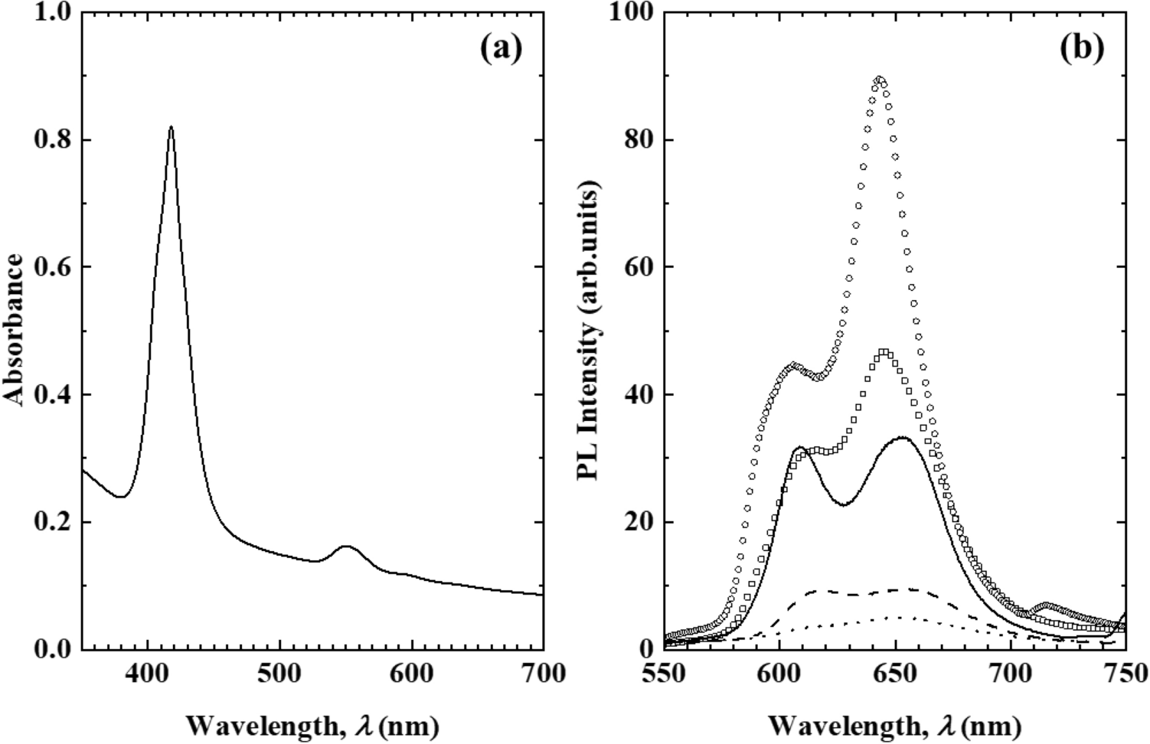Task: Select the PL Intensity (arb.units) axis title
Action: tap(589, 331)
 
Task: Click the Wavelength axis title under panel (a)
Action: tap(312, 724)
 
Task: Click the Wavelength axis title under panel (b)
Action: tap(894, 724)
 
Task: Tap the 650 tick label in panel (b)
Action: tap(894, 674)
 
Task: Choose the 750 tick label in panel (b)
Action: tap(1124, 674)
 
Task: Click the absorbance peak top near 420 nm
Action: tap(171, 127)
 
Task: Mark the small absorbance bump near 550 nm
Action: tap(345, 547)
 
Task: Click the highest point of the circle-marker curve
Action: tap(879, 79)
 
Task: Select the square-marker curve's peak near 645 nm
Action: tap(884, 352)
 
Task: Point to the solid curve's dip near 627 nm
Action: tap(842, 504)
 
